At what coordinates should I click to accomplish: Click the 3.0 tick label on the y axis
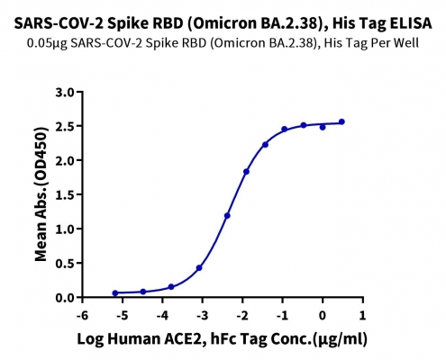[65, 92]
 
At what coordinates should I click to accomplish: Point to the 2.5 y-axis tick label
[65, 126]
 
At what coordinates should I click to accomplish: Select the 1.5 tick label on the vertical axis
[65, 194]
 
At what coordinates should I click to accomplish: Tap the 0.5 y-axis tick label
[65, 264]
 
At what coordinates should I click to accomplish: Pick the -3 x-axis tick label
[202, 315]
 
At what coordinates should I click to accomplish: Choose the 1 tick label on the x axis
[363, 315]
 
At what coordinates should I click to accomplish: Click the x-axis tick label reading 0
[323, 315]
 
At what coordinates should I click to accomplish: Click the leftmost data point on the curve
[115, 293]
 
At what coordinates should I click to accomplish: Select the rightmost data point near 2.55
[341, 121]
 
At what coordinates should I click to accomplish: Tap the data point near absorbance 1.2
[227, 216]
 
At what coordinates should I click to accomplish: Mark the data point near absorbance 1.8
[246, 172]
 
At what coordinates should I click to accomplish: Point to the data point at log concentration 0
[323, 127]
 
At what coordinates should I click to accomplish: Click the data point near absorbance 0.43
[199, 267]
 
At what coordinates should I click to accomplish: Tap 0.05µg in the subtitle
[47, 43]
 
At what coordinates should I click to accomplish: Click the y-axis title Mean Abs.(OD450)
[41, 194]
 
